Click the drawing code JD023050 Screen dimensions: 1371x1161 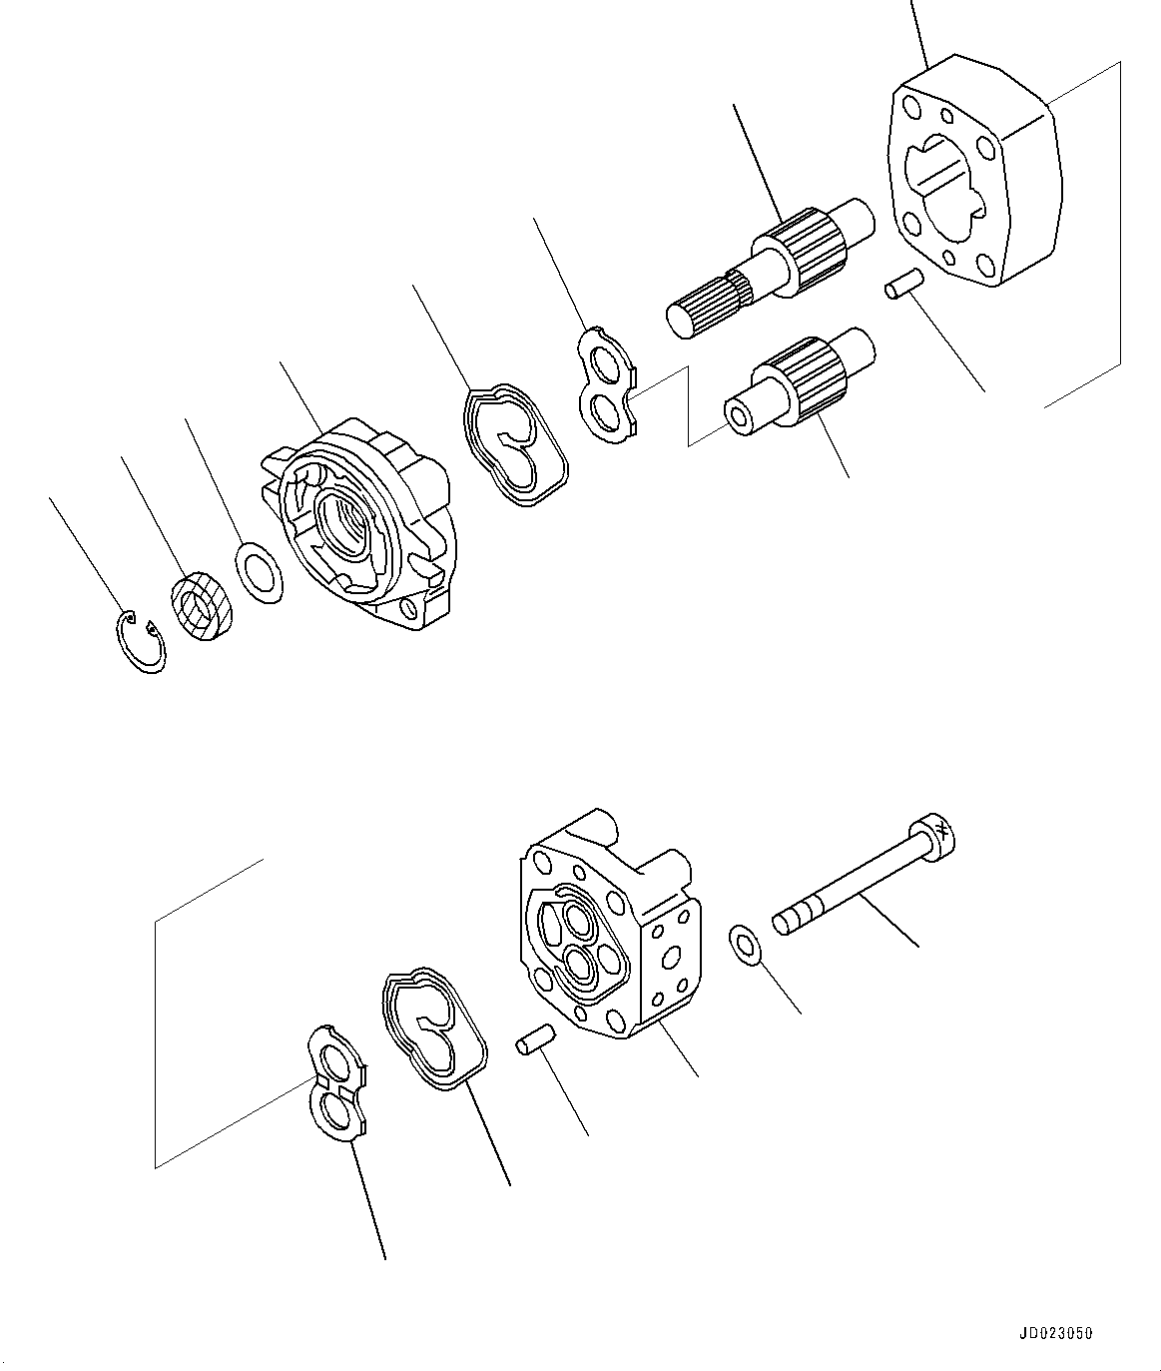click(1056, 1332)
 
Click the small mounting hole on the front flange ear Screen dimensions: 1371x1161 click(408, 608)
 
